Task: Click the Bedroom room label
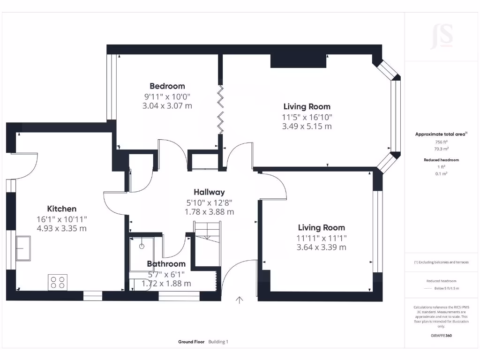[x=167, y=86]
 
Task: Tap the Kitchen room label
[x=61, y=209]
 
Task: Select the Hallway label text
[x=209, y=192]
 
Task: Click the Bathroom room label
[x=166, y=264]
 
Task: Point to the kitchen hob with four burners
[x=57, y=282]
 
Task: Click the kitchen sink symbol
[x=23, y=248]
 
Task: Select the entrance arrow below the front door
[x=240, y=300]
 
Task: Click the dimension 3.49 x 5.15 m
[x=307, y=126]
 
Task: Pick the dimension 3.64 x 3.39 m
[x=321, y=247]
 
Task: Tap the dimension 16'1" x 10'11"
[x=61, y=219]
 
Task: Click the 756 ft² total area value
[x=441, y=142]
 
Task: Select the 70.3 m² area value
[x=441, y=149]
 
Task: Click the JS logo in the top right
[x=441, y=37]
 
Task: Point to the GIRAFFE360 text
[x=441, y=336]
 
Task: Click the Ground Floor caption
[x=191, y=342]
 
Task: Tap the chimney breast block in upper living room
[x=298, y=61]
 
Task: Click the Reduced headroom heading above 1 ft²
[x=441, y=160]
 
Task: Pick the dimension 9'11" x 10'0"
[x=167, y=96]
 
